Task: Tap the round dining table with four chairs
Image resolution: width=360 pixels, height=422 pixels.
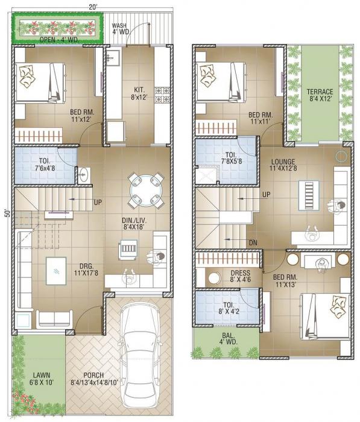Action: [x=146, y=188]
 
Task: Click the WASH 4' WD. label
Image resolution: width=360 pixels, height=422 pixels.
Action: [x=119, y=28]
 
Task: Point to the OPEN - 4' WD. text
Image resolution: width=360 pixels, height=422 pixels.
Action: [x=59, y=40]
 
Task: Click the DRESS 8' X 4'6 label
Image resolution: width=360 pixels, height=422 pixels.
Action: [x=240, y=276]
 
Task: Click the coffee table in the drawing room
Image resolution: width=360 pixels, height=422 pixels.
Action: [x=55, y=269]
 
